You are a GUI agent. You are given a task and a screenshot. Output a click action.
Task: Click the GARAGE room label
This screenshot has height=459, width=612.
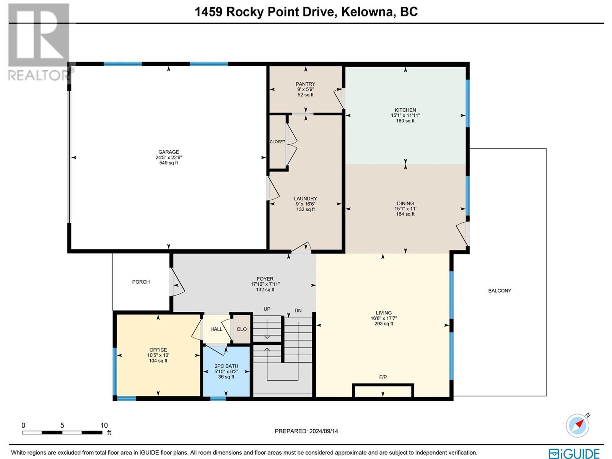tap(168, 152)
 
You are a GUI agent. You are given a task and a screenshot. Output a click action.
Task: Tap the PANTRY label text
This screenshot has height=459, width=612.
tap(305, 84)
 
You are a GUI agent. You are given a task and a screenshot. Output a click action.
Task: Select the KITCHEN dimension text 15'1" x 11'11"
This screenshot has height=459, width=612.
tap(405, 116)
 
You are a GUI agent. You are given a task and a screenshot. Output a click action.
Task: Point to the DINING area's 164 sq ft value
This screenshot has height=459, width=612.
tap(405, 214)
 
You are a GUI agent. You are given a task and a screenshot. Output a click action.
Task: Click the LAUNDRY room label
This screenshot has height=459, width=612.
tap(305, 199)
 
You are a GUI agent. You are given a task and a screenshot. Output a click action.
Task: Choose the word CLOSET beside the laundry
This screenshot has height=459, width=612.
tap(277, 142)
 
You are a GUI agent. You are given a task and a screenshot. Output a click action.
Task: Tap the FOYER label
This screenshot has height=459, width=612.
tap(265, 279)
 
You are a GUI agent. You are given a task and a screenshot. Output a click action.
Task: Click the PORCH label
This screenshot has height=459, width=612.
tap(141, 282)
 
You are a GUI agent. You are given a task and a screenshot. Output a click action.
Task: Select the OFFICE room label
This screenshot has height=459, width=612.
tap(158, 350)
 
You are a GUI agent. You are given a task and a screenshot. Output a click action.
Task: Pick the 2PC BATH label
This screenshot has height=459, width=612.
tap(226, 366)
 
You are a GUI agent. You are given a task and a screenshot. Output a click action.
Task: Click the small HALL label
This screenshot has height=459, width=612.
tap(216, 329)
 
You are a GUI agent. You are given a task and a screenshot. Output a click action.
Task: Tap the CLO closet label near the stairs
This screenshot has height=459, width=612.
tap(241, 329)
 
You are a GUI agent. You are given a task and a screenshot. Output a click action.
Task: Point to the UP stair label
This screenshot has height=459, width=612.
tap(267, 309)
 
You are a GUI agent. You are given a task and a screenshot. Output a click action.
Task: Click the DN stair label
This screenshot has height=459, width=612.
tap(298, 311)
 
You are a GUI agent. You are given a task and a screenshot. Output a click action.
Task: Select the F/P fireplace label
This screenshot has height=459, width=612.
tap(383, 377)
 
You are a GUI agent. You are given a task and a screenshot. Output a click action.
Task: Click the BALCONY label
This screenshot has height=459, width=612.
tap(500, 291)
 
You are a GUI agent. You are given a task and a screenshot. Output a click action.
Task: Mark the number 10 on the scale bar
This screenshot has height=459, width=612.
tap(104, 425)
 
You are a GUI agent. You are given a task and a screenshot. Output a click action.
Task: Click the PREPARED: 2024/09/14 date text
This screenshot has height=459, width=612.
tap(306, 431)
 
